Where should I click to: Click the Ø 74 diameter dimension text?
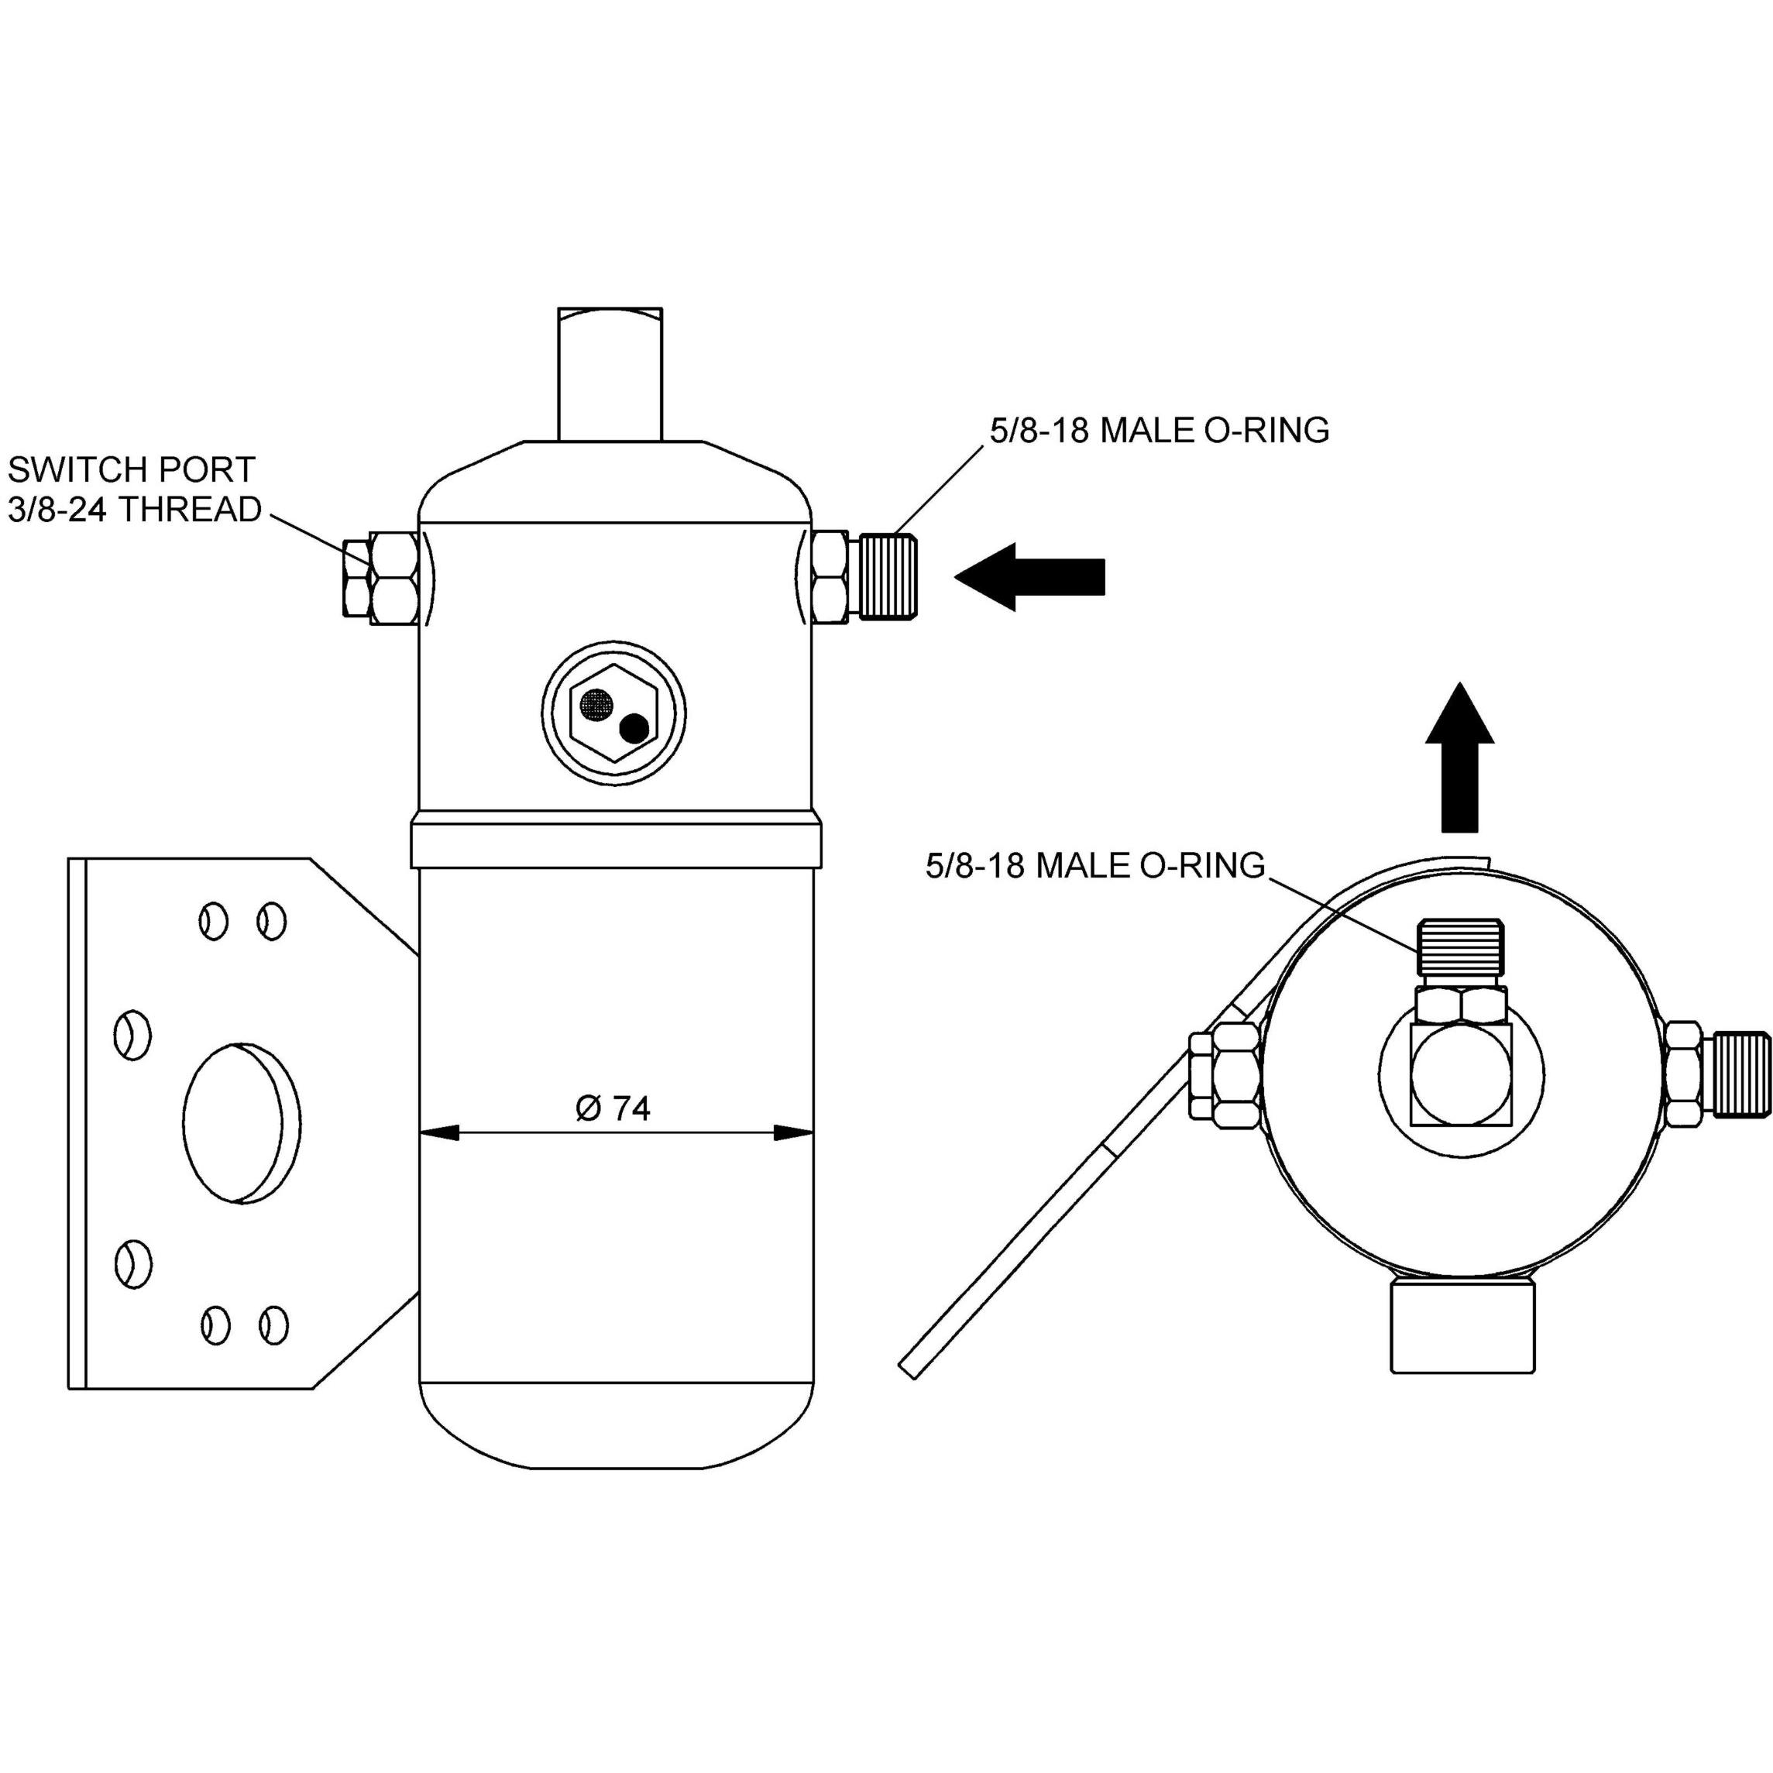(x=613, y=1108)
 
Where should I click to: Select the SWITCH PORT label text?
(x=131, y=470)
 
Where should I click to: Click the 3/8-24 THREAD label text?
(x=135, y=510)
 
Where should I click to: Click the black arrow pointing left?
(x=1029, y=576)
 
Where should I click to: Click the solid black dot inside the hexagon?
(x=634, y=729)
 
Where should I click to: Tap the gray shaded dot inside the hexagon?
(x=596, y=704)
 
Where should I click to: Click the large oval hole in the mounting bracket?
(x=242, y=1123)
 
